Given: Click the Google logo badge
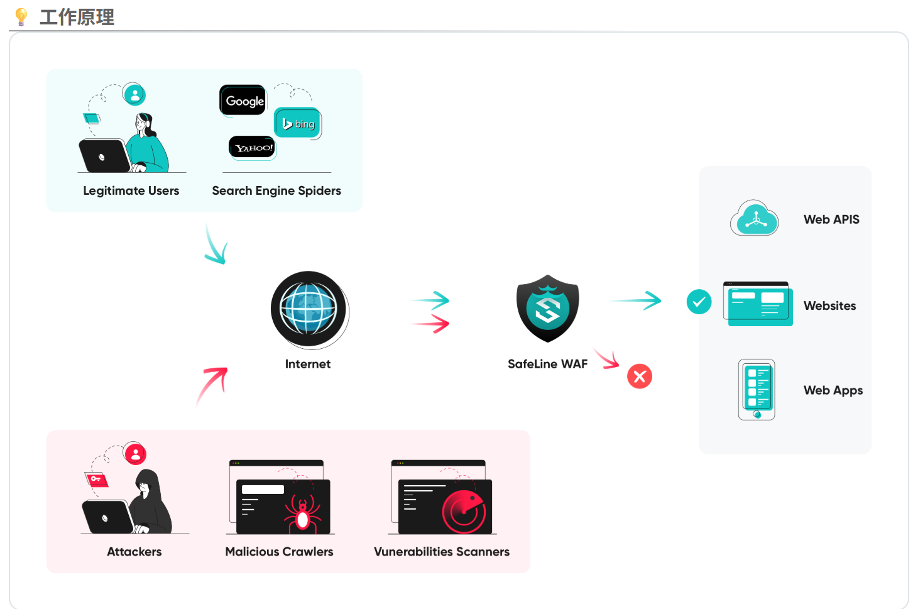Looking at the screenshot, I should tap(243, 101).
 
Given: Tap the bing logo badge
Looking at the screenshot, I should tap(298, 123).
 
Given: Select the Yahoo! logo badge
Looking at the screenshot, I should tap(253, 148).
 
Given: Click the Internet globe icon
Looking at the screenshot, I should tap(309, 309).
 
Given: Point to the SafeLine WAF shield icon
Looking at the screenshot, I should tap(547, 308).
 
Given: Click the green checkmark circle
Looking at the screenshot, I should tap(699, 302).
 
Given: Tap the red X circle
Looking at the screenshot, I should tap(640, 376).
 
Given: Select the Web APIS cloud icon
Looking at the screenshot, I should tap(755, 218).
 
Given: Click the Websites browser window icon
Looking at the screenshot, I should tap(758, 304).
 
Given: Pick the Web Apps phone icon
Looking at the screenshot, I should tap(757, 390).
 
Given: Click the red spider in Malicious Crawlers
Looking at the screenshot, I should tap(303, 512).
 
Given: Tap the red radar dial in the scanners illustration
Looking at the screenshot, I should tap(464, 512).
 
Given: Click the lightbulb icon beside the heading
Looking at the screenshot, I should tap(21, 16).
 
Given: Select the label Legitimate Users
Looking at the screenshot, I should tap(131, 190).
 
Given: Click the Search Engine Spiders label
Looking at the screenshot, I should tap(276, 190).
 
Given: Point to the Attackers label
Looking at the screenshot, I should tap(134, 551).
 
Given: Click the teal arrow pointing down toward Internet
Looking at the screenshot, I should tap(216, 246).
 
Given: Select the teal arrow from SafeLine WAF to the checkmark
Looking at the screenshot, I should tap(636, 300).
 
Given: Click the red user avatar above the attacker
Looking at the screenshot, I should tap(135, 454).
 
